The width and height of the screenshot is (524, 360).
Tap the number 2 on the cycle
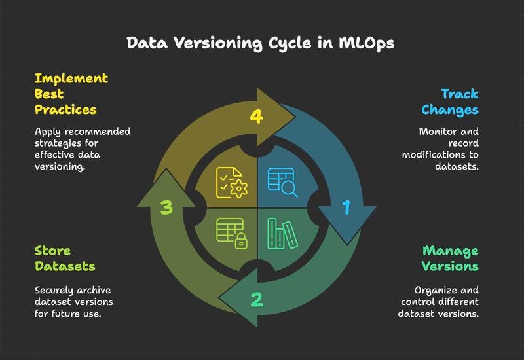(x=257, y=300)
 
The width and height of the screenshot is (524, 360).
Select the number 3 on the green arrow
(x=167, y=208)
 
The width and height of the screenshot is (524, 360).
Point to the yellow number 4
(x=257, y=117)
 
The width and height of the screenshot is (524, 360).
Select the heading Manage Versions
(x=450, y=259)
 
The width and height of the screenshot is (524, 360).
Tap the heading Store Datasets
(x=64, y=259)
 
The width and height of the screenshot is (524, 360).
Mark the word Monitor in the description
(x=436, y=131)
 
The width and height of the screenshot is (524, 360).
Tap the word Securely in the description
(x=55, y=289)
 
